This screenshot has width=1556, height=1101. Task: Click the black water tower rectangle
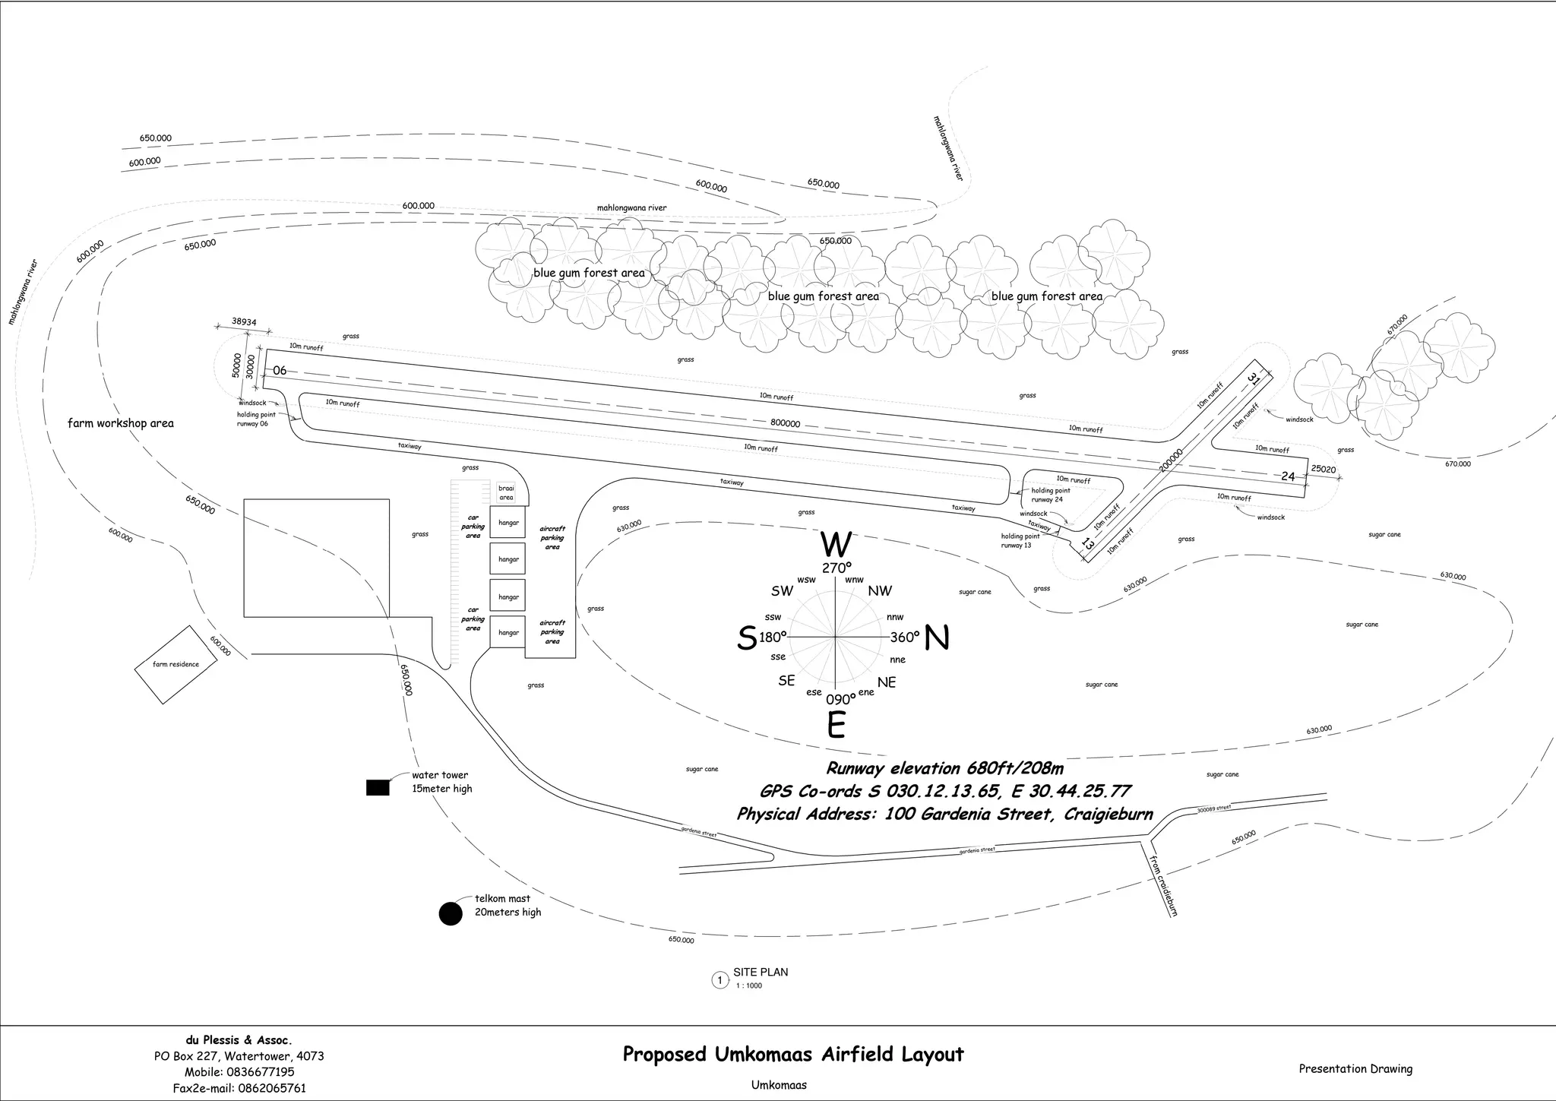coord(378,788)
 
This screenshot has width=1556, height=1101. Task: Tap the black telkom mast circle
coord(451,913)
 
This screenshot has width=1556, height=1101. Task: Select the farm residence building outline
coord(176,665)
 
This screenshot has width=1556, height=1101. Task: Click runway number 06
coord(280,371)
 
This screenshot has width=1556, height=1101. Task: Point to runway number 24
coord(1288,476)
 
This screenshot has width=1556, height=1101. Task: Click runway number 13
coord(1088,544)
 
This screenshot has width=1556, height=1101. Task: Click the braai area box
coord(506,492)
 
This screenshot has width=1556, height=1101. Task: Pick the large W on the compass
coord(837,545)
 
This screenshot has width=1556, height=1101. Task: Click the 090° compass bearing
coord(840,700)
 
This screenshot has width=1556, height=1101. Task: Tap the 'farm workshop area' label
coord(121,423)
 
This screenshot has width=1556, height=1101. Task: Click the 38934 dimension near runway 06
coord(244,322)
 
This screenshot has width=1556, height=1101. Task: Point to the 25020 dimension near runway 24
coord(1324,470)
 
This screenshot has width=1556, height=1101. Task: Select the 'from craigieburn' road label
coord(1163,886)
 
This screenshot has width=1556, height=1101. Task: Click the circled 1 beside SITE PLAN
coord(719,980)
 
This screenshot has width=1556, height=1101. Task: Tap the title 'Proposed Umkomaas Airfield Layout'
coord(793,1055)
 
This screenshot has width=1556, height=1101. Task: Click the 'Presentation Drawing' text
coord(1355,1069)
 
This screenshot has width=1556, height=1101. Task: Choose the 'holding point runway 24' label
coord(1051,495)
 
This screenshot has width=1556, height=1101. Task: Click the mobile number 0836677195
coord(258,1072)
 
